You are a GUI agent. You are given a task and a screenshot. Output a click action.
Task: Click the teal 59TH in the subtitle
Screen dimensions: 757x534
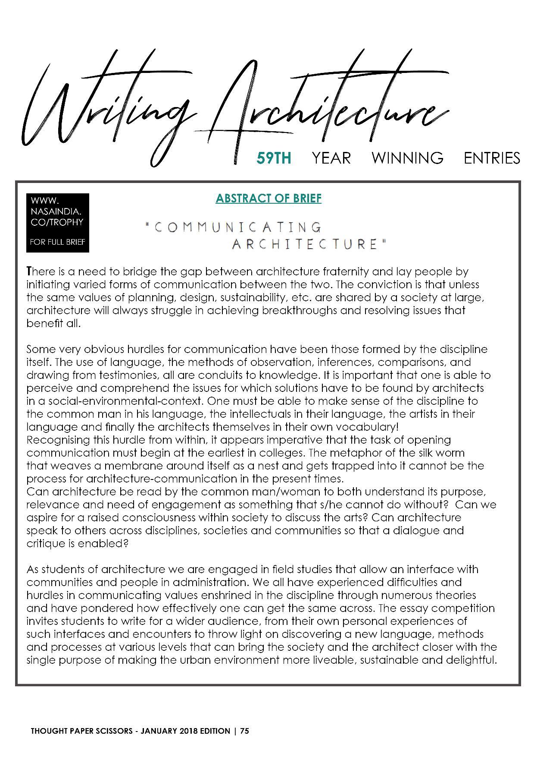274,158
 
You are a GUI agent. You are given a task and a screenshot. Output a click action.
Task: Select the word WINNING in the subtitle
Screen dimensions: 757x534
407,158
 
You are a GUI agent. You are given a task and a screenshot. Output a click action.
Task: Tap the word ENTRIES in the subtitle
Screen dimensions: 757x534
492,158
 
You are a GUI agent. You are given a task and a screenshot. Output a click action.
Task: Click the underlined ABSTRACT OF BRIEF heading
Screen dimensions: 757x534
269,199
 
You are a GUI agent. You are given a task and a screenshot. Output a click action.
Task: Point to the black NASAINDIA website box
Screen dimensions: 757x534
57,222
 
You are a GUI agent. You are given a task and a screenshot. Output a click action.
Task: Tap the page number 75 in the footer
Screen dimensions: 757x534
245,731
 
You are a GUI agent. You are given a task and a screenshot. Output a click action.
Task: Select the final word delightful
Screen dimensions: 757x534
472,660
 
